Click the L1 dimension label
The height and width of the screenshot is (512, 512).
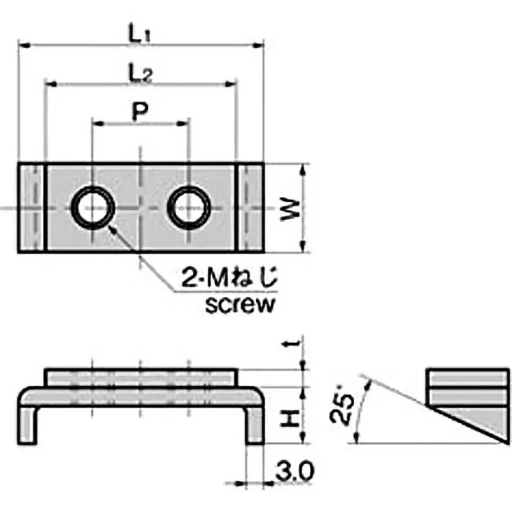pos(140,34)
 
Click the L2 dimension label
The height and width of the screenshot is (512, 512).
pos(140,74)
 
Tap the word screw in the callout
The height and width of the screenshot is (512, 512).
pos(240,303)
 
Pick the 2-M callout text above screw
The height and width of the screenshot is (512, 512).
pos(231,280)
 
